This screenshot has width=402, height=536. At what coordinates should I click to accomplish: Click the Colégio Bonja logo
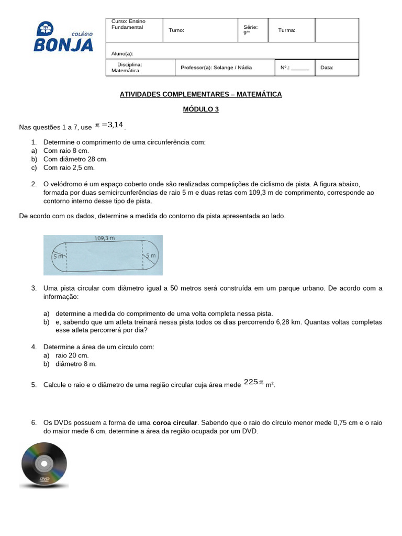click(63, 37)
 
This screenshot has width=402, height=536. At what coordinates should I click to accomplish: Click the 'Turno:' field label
click(176, 30)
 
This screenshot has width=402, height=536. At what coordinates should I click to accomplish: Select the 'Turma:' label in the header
click(286, 30)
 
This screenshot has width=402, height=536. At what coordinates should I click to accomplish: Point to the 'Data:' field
click(327, 68)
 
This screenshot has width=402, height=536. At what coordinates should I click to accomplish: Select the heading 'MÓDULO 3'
click(200, 109)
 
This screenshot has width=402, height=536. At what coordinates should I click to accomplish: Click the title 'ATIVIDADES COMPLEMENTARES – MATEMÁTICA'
click(200, 94)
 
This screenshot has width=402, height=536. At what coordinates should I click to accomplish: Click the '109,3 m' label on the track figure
click(104, 238)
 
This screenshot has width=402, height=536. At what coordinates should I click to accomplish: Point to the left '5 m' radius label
click(58, 256)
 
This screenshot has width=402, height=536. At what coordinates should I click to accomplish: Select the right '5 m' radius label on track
click(151, 255)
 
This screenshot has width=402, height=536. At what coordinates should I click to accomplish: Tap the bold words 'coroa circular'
click(175, 422)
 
